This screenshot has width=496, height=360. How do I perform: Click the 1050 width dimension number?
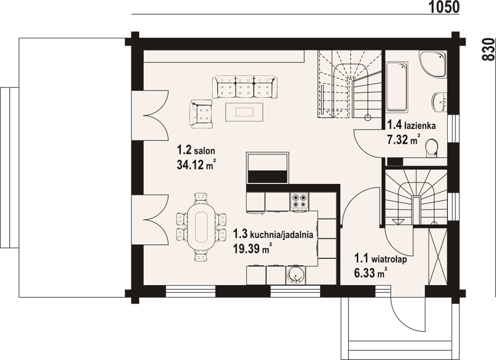444,7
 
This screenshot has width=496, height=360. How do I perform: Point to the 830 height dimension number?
488,49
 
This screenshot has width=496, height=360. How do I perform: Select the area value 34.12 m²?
196,164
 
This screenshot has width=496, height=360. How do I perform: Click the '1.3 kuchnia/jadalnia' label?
273,235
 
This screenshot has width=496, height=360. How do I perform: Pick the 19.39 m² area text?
252,248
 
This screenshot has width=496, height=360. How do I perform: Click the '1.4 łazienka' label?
411,125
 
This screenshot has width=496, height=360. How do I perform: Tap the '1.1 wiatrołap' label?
380,259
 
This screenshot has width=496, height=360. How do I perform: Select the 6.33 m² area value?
371,272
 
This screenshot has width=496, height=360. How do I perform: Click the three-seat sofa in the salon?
245,86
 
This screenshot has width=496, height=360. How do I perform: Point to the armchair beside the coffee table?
201,114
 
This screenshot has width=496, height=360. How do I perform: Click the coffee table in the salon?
244,112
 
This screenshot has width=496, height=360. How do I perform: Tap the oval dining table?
201,227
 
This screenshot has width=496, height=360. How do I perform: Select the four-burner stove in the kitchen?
299,201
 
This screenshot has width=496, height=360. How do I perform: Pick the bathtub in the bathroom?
396,86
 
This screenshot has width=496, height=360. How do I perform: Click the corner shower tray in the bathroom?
433,65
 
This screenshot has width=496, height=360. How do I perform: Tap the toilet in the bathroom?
432,148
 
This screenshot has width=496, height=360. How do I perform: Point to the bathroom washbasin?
440,102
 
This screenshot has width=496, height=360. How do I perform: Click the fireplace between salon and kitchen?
267,167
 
